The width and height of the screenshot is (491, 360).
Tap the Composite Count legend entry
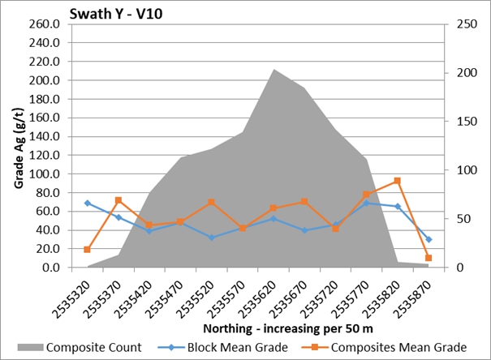coord(93,347)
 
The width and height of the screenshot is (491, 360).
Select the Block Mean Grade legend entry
coord(235,347)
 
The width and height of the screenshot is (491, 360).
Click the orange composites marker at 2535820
coord(397,181)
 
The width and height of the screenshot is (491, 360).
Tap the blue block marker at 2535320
coord(88,203)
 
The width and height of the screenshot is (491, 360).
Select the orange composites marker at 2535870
coord(429,258)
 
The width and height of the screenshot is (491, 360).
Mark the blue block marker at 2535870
coord(429,239)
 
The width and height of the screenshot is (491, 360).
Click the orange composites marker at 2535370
coord(118,200)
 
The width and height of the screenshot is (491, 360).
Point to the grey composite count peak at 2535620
coord(273,70)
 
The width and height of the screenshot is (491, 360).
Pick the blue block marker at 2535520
coord(211,238)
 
